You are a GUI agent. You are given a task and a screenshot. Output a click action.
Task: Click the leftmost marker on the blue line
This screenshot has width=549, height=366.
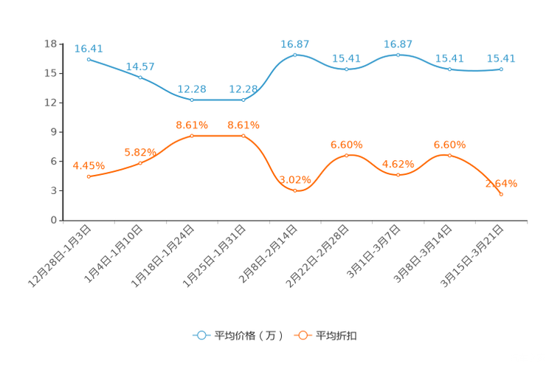(89, 58)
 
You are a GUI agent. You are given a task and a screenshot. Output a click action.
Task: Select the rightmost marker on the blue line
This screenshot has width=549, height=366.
(502, 69)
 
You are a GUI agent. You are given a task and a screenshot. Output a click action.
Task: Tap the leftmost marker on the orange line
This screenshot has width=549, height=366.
(89, 176)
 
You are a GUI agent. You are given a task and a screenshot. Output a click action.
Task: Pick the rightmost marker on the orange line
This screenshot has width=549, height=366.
(502, 194)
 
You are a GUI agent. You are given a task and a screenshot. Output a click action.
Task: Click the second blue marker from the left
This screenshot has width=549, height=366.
(140, 77)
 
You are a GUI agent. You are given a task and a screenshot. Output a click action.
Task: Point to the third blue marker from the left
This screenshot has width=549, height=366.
(192, 100)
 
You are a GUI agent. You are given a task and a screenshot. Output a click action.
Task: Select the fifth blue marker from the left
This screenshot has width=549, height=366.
(295, 55)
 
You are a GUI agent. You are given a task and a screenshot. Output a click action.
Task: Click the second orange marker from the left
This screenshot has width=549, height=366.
(140, 162)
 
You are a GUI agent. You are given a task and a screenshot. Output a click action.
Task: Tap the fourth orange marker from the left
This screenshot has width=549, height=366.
(244, 135)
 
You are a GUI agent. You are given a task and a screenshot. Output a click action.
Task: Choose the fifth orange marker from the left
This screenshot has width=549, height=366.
(295, 191)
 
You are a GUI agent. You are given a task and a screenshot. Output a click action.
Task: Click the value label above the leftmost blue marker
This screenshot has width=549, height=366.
(89, 48)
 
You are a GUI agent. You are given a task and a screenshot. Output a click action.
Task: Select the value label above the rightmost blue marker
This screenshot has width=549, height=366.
(502, 58)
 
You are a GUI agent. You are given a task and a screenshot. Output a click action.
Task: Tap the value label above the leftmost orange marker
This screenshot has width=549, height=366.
(89, 165)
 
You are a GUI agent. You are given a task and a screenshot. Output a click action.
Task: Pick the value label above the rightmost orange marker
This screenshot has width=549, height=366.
(502, 183)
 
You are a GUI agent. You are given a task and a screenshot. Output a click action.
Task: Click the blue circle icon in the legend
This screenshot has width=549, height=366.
(201, 335)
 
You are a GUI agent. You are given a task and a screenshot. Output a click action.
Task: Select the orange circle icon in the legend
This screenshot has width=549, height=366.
(303, 335)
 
